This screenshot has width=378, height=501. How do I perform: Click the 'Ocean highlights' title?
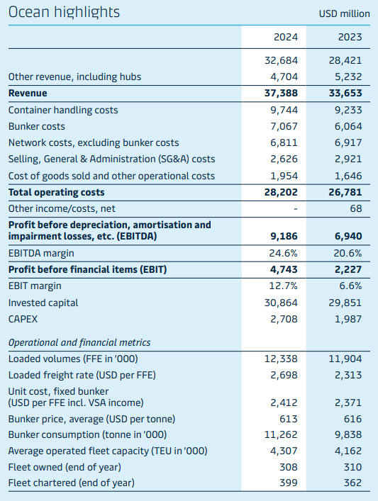64,12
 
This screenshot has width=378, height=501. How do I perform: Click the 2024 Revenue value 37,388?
281,94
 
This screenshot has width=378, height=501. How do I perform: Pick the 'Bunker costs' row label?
36,126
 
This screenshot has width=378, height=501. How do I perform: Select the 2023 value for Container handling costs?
348,110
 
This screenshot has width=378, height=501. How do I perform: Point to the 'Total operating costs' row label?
56,192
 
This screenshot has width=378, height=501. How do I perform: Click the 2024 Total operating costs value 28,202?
281,192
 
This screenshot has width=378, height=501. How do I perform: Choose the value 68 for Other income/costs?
355,208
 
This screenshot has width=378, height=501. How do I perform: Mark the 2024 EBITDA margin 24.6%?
284,253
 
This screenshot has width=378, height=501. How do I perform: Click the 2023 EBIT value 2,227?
348,269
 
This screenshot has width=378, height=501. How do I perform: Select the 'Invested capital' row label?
43,303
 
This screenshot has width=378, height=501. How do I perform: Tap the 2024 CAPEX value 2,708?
284,319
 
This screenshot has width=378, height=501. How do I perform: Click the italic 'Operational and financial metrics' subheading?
79,342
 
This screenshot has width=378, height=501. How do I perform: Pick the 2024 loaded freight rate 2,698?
284,375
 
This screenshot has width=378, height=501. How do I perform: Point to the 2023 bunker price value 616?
352,419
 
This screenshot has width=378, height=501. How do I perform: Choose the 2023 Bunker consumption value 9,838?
348,434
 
